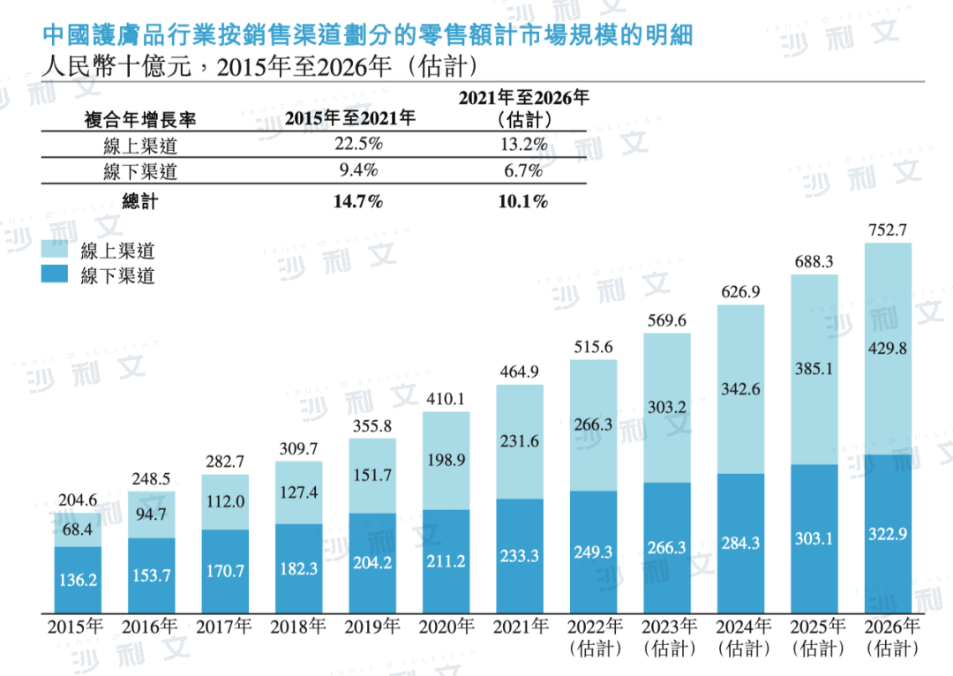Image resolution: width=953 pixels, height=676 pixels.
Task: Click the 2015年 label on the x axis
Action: (77, 627)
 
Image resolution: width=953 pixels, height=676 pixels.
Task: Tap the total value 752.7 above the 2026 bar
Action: (887, 231)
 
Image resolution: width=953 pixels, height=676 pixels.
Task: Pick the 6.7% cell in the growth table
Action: (522, 169)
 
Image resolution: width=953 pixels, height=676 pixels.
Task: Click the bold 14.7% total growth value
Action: (357, 202)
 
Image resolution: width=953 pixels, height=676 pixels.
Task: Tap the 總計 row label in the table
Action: (141, 202)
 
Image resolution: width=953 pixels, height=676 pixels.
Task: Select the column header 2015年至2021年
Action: (349, 117)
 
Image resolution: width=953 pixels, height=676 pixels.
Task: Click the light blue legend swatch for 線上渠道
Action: (56, 251)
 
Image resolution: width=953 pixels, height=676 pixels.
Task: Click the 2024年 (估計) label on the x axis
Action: (740, 637)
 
